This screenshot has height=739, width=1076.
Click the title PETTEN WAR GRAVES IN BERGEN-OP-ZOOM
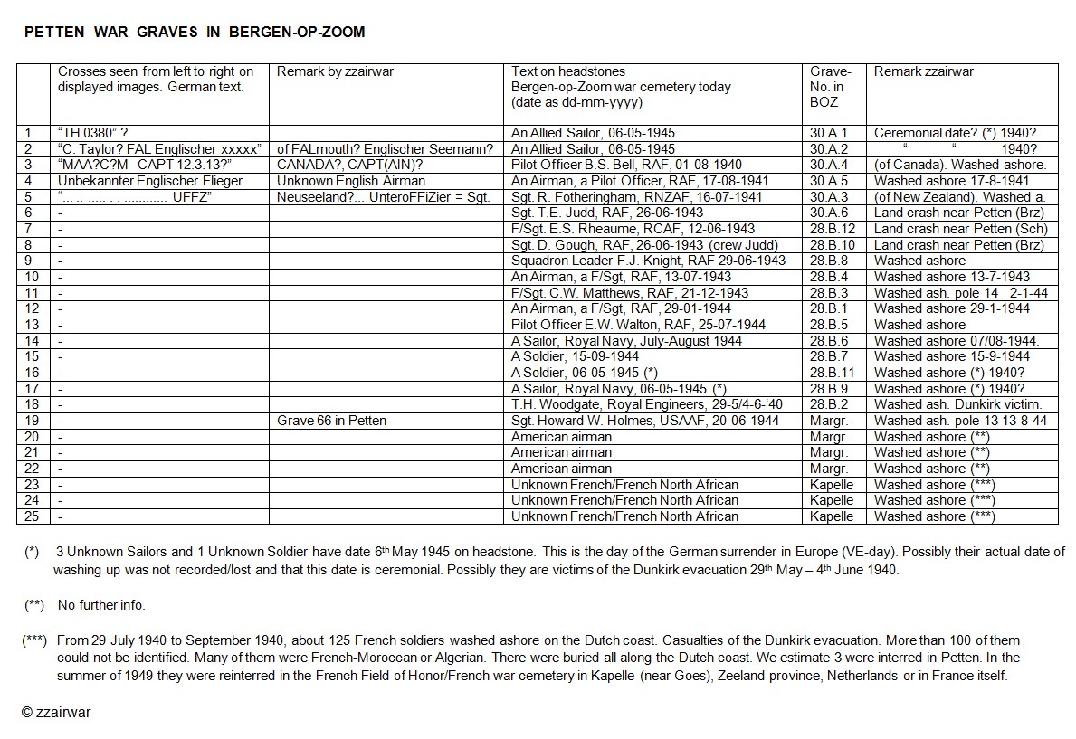[x=195, y=33]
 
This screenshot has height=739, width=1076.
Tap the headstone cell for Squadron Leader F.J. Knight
[x=649, y=261]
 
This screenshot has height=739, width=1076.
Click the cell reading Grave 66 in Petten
[x=332, y=421]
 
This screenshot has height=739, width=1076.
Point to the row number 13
[x=33, y=325]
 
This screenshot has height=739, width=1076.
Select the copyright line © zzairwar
[x=56, y=712]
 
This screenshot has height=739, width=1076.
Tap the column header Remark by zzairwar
[x=335, y=72]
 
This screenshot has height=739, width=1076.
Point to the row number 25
[x=33, y=516]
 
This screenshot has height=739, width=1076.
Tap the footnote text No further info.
[x=101, y=605]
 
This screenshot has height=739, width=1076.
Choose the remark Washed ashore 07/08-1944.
[x=957, y=341]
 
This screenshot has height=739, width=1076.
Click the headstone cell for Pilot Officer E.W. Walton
[x=638, y=325]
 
